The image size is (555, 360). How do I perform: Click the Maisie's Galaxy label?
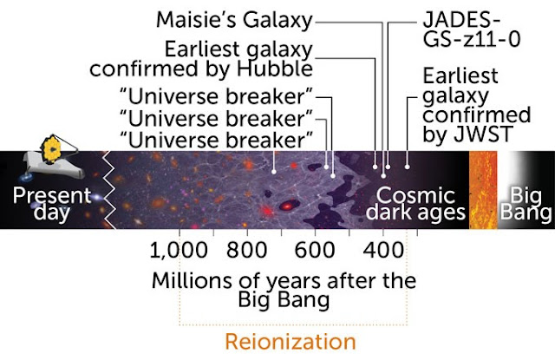coord(234,21)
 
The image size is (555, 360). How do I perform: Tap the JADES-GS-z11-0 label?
coord(472,30)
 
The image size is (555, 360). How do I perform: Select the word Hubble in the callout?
coord(275,69)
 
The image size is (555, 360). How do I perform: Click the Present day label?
coord(52,204)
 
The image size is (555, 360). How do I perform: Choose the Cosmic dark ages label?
coord(415,204)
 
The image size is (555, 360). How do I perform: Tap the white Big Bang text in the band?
coord(526,204)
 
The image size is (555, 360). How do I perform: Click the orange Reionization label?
coord(291,342)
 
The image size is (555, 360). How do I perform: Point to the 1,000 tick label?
coord(179,251)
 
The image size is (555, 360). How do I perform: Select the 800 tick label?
coord(246,251)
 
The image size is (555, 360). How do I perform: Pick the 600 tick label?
coord(315,251)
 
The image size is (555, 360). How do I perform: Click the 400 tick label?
coord(383,251)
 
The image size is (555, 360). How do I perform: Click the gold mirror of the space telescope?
coord(52,148)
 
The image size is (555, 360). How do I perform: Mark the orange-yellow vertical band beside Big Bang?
coord(483,190)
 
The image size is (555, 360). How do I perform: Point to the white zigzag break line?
coord(109,190)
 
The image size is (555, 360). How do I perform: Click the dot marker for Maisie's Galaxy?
coord(383,176)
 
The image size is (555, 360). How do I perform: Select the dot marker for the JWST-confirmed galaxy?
coord(408,167)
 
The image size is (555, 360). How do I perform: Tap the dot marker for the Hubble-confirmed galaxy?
coord(375,167)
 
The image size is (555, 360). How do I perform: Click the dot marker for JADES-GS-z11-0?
coord(388,167)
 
